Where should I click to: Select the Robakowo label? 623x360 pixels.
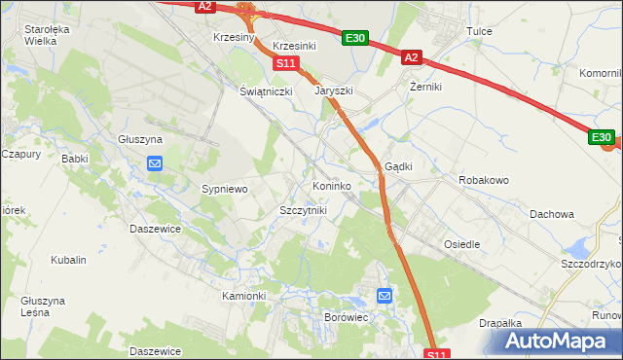(484, 181)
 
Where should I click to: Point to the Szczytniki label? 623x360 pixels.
(303, 210)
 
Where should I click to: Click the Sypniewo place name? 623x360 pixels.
(225, 188)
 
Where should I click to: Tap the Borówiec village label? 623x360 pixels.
(347, 317)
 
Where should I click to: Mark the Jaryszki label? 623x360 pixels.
(334, 90)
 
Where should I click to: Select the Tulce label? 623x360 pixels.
(479, 31)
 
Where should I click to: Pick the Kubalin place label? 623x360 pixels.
(69, 260)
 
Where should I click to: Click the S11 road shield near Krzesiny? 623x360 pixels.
(285, 63)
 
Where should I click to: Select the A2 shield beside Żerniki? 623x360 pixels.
(411, 58)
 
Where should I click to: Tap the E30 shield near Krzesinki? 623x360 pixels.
(355, 38)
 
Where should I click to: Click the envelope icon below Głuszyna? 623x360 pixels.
(156, 163)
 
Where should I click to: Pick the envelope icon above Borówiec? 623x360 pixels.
(385, 296)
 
